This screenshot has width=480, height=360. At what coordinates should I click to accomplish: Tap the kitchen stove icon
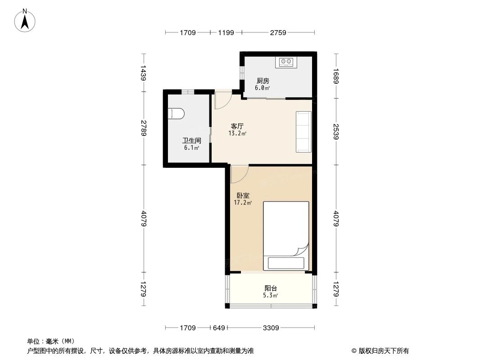click(x=286, y=62)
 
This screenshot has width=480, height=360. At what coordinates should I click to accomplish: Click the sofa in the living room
click(x=303, y=132)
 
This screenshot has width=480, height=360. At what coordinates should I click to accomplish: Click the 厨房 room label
click(x=263, y=81)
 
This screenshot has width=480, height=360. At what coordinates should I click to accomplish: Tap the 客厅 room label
click(x=237, y=126)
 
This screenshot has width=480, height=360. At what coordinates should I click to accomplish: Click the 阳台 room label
click(x=271, y=288)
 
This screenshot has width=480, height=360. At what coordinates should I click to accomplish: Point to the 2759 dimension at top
click(x=278, y=33)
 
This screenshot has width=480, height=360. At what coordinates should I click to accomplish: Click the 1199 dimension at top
click(x=226, y=33)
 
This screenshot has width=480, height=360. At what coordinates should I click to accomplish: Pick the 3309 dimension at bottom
click(x=270, y=328)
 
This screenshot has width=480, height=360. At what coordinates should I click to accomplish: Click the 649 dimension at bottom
click(x=218, y=328)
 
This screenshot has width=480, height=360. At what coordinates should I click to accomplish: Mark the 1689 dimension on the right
click(x=336, y=76)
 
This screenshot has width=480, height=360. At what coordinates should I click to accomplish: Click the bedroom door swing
click(x=239, y=174)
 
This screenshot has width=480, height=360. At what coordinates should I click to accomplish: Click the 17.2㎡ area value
click(x=243, y=203)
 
